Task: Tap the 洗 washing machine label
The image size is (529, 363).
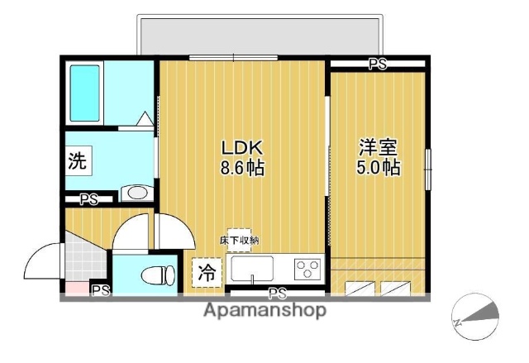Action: [77, 161]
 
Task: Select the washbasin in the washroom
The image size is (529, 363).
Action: [135, 193]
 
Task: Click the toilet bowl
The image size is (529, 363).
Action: [156, 275]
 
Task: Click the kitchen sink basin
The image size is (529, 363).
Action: [252, 269]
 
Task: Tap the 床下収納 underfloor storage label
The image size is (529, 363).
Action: [239, 240]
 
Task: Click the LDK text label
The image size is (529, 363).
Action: [241, 148]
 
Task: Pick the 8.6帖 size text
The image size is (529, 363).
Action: [241, 169]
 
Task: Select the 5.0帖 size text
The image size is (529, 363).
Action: [378, 168]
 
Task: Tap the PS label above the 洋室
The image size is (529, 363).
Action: [378, 64]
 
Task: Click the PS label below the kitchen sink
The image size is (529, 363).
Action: [277, 294]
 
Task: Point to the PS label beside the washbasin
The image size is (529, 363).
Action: [88, 198]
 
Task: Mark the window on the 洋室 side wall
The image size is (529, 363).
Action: [428, 170]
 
